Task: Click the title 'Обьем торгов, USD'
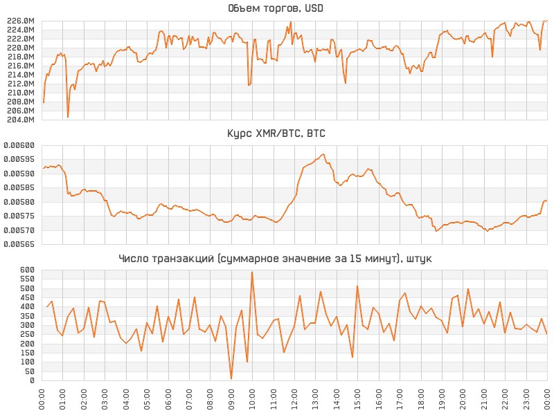pos(275,9)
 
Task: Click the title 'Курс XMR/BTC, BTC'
pos(276,133)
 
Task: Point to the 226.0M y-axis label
pos(20,21)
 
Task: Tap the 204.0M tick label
pos(20,120)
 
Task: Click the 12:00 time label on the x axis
pos(294,400)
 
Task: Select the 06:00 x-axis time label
pos(168,400)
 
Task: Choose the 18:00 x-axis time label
pos(421,400)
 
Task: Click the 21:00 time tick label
pos(484,400)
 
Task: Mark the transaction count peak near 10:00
pos(252,272)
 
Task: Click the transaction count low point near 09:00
pos(231,378)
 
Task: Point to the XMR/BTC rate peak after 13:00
pos(323,154)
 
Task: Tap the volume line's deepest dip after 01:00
pos(68,117)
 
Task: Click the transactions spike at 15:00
pos(357,286)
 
